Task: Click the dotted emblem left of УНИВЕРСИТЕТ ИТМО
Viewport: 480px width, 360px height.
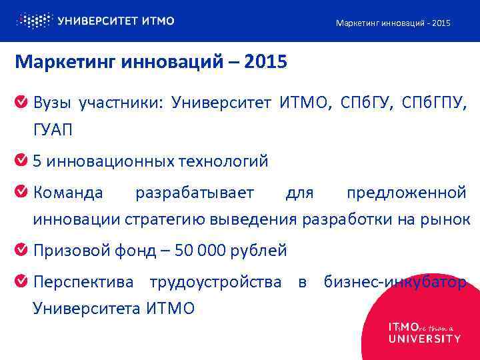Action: pos(33,21)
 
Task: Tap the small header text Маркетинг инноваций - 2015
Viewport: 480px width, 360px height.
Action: pos(393,23)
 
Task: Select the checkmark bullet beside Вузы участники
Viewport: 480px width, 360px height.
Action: pos(21,103)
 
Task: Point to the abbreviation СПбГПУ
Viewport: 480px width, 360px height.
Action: pos(436,103)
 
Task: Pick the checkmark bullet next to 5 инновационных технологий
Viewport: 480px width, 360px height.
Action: pos(21,161)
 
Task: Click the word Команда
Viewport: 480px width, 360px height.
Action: pos(68,193)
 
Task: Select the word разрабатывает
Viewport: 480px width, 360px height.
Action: pos(195,193)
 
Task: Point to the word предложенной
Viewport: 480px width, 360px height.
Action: pos(406,193)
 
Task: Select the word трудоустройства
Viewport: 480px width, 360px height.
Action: pos(216,283)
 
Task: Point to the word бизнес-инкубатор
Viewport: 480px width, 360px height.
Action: pos(395,283)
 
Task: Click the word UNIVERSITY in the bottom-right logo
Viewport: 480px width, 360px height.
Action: pos(424,339)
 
